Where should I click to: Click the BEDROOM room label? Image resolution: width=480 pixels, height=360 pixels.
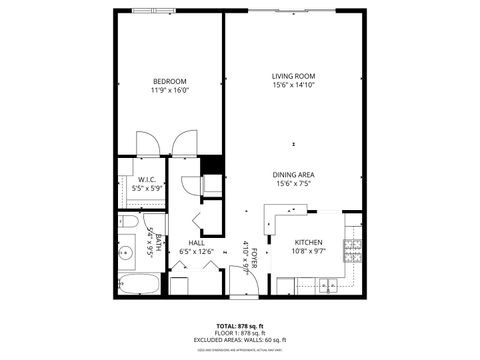[169, 81]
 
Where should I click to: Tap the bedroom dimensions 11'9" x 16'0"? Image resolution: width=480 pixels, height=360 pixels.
[169, 90]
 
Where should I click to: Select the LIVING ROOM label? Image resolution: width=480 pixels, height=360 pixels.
[294, 76]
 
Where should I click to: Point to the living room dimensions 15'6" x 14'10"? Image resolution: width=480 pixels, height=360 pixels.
[294, 85]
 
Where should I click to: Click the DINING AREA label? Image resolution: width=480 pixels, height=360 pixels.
[294, 175]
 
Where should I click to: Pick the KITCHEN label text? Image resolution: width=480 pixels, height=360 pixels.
[308, 243]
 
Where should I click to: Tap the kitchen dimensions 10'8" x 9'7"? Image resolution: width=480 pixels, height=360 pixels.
[308, 252]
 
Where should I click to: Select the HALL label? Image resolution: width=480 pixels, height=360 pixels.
[196, 243]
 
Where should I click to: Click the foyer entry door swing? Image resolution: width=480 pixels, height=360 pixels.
[244, 281]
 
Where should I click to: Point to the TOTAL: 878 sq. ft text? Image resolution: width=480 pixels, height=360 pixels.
[239, 326]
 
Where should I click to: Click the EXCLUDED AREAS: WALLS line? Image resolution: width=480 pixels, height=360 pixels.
[239, 340]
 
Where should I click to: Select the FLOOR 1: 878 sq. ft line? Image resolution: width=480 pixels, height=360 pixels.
[239, 333]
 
